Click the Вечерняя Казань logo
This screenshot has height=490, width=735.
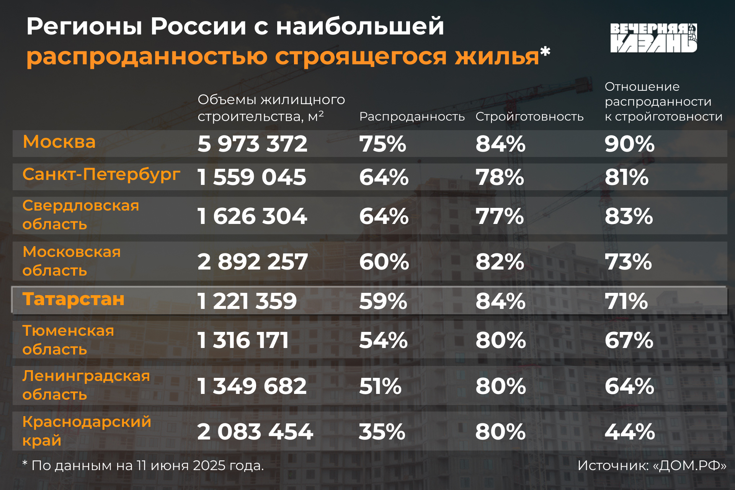tap(653, 38)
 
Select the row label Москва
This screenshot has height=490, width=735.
tap(59, 142)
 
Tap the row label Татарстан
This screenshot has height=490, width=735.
tap(73, 299)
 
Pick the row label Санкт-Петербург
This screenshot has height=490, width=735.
tap(101, 175)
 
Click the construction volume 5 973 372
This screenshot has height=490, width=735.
tap(252, 144)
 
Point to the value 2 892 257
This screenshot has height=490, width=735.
tap(252, 262)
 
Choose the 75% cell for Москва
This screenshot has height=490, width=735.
tap(382, 144)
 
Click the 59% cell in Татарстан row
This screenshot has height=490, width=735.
tap(383, 301)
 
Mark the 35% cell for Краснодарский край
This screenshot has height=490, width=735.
tap(382, 432)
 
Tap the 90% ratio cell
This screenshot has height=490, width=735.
tap(629, 144)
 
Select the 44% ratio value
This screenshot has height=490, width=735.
tap(629, 432)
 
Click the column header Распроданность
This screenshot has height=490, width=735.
tap(412, 116)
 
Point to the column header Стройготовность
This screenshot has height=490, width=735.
tap(529, 116)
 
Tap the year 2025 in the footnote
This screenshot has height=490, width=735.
tap(209, 465)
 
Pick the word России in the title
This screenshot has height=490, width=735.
tap(198, 27)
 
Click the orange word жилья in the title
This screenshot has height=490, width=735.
tap(497, 57)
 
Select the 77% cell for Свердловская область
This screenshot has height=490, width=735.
tap(500, 216)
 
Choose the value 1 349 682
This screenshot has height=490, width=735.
tap(252, 386)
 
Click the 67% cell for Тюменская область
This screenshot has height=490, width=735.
tap(629, 340)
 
